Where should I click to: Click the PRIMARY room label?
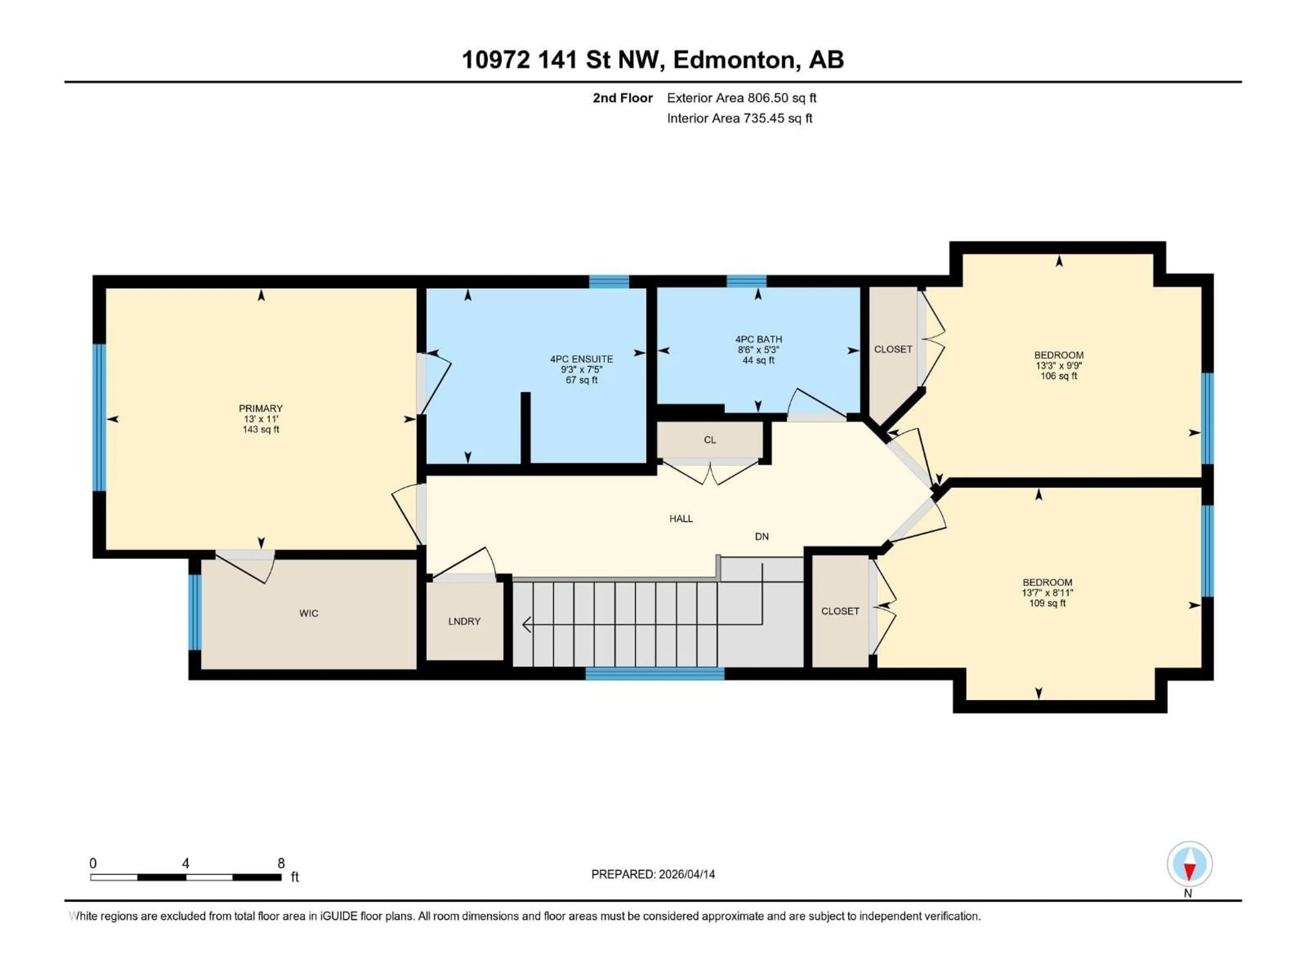pyautogui.click(x=261, y=408)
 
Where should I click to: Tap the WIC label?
pyautogui.click(x=308, y=613)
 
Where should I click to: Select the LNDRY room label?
pyautogui.click(x=464, y=621)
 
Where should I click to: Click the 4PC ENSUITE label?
pyautogui.click(x=581, y=359)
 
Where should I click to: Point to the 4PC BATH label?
pyautogui.click(x=759, y=339)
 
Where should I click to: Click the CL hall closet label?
pyautogui.click(x=710, y=440)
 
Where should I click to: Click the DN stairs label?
pyautogui.click(x=762, y=536)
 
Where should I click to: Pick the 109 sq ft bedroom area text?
pyautogui.click(x=1047, y=603)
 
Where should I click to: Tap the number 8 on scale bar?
pyautogui.click(x=281, y=863)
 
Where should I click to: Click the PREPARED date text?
pyautogui.click(x=653, y=874)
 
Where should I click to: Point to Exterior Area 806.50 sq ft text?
pyautogui.click(x=742, y=98)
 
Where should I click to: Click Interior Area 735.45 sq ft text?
pyautogui.click(x=739, y=118)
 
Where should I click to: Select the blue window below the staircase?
pyautogui.click(x=655, y=673)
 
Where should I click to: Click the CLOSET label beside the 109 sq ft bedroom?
pyautogui.click(x=840, y=611)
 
